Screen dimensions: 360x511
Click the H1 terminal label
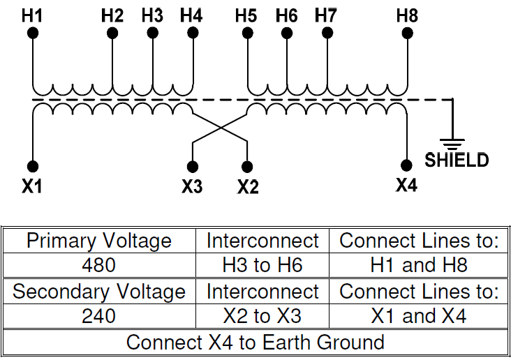click(32, 15)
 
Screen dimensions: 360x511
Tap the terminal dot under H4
click(192, 33)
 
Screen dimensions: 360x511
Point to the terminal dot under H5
click(246, 33)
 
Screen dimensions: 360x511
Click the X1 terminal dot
click(32, 166)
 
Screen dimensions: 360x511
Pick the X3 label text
click(192, 186)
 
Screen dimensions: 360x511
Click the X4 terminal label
click(406, 186)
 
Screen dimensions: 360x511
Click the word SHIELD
click(457, 160)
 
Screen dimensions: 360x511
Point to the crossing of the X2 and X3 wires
click(220, 128)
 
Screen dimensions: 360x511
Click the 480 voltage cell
click(98, 266)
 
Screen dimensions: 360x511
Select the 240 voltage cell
click(98, 316)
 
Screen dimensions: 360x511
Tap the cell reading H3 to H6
click(262, 266)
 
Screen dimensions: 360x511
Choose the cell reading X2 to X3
click(262, 316)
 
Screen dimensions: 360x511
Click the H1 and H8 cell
click(419, 266)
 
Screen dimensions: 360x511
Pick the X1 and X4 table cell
click(419, 316)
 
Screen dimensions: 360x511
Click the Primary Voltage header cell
click(98, 241)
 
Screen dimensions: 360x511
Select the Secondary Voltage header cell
click(98, 292)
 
